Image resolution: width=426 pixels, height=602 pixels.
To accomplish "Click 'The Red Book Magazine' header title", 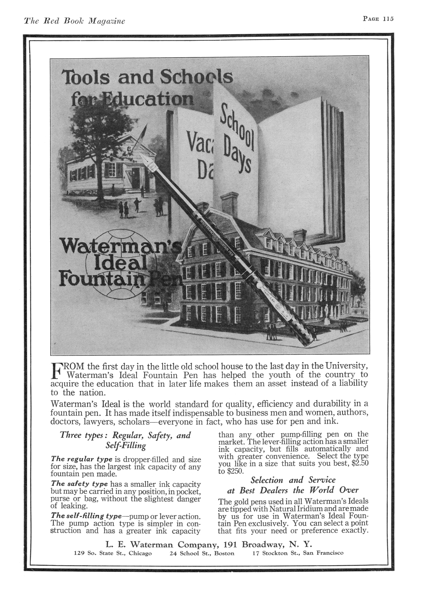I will pos(74,21).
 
